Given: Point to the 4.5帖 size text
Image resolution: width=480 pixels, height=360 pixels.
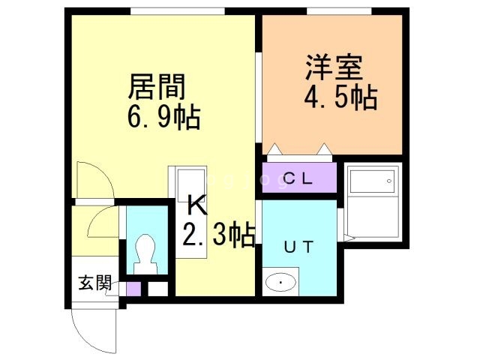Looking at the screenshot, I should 340,97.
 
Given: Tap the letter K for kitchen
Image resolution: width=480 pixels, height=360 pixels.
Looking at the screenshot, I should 194,205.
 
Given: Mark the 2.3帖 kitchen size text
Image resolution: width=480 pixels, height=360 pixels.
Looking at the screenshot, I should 217,235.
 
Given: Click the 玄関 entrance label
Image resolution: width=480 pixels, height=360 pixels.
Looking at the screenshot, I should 95,283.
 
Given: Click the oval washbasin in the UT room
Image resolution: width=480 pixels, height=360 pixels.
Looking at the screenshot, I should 281,283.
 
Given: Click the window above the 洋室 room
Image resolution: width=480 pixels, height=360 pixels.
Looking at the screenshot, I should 339,10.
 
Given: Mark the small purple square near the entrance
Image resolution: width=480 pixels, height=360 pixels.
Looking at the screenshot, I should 133,289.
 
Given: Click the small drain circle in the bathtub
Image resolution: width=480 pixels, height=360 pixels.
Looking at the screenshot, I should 389,181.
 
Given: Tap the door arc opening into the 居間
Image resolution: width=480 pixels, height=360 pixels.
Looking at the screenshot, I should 96,180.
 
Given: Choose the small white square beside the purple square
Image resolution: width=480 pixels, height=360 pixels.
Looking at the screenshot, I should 157,289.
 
